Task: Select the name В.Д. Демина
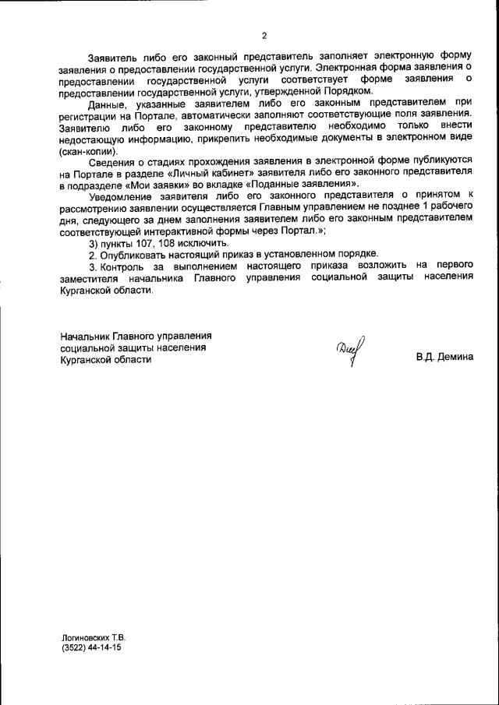pyautogui.click(x=444, y=359)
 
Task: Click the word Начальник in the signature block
pyautogui.click(x=85, y=336)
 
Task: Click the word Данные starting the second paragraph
pyautogui.click(x=107, y=104)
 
